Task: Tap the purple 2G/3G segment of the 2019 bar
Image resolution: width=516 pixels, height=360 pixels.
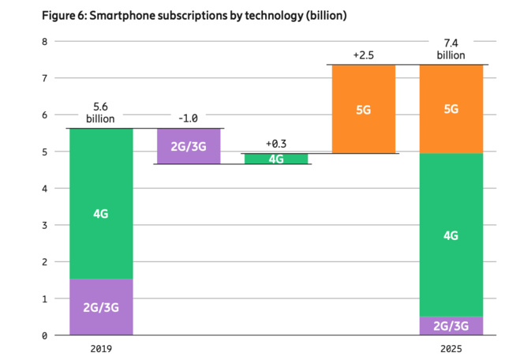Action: pos(101,307)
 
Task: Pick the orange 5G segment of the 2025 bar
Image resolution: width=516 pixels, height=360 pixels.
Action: pos(451,109)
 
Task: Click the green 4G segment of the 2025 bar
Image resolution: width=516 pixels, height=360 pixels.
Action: pos(451,234)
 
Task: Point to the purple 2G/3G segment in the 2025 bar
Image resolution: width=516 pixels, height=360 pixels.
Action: pos(451,326)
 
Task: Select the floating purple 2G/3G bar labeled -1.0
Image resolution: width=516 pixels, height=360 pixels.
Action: pos(189,146)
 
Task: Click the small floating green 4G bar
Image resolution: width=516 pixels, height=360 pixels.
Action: pos(276,159)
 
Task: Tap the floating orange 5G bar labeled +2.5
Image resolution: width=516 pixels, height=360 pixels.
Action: pos(363,109)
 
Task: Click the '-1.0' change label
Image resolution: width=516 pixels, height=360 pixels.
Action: pos(188,118)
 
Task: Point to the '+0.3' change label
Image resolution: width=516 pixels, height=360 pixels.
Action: pos(276,144)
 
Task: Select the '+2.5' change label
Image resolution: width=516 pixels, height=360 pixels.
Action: pos(363,55)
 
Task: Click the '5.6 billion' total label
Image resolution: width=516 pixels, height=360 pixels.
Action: pos(101,113)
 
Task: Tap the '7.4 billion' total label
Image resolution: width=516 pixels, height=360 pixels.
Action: pos(451,49)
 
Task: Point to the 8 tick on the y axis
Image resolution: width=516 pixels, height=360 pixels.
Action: pos(45,41)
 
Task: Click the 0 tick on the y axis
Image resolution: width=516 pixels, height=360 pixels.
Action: pos(45,336)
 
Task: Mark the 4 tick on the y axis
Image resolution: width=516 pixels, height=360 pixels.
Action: pos(45,189)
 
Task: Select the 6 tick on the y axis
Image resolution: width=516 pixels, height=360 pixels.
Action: pos(45,115)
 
